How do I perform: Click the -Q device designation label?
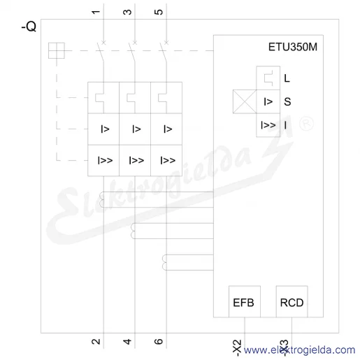[29, 27]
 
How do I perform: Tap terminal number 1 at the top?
[96, 12]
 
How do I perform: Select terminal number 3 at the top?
[127, 12]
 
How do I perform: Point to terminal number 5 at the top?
[159, 12]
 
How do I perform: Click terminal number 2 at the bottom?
[96, 342]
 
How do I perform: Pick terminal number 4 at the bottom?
[127, 342]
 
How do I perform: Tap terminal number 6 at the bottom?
[159, 342]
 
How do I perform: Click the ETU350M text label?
[293, 47]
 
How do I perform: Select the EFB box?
[245, 301]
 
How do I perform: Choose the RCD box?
[291, 301]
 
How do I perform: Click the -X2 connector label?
[237, 348]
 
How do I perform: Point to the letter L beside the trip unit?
[287, 78]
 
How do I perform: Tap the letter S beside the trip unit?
[287, 102]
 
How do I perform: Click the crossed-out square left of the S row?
[245, 101]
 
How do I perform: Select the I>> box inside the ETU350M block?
[268, 125]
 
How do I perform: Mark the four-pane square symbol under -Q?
[57, 50]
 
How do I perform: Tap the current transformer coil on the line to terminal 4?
[133, 231]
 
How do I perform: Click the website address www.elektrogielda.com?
[299, 350]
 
